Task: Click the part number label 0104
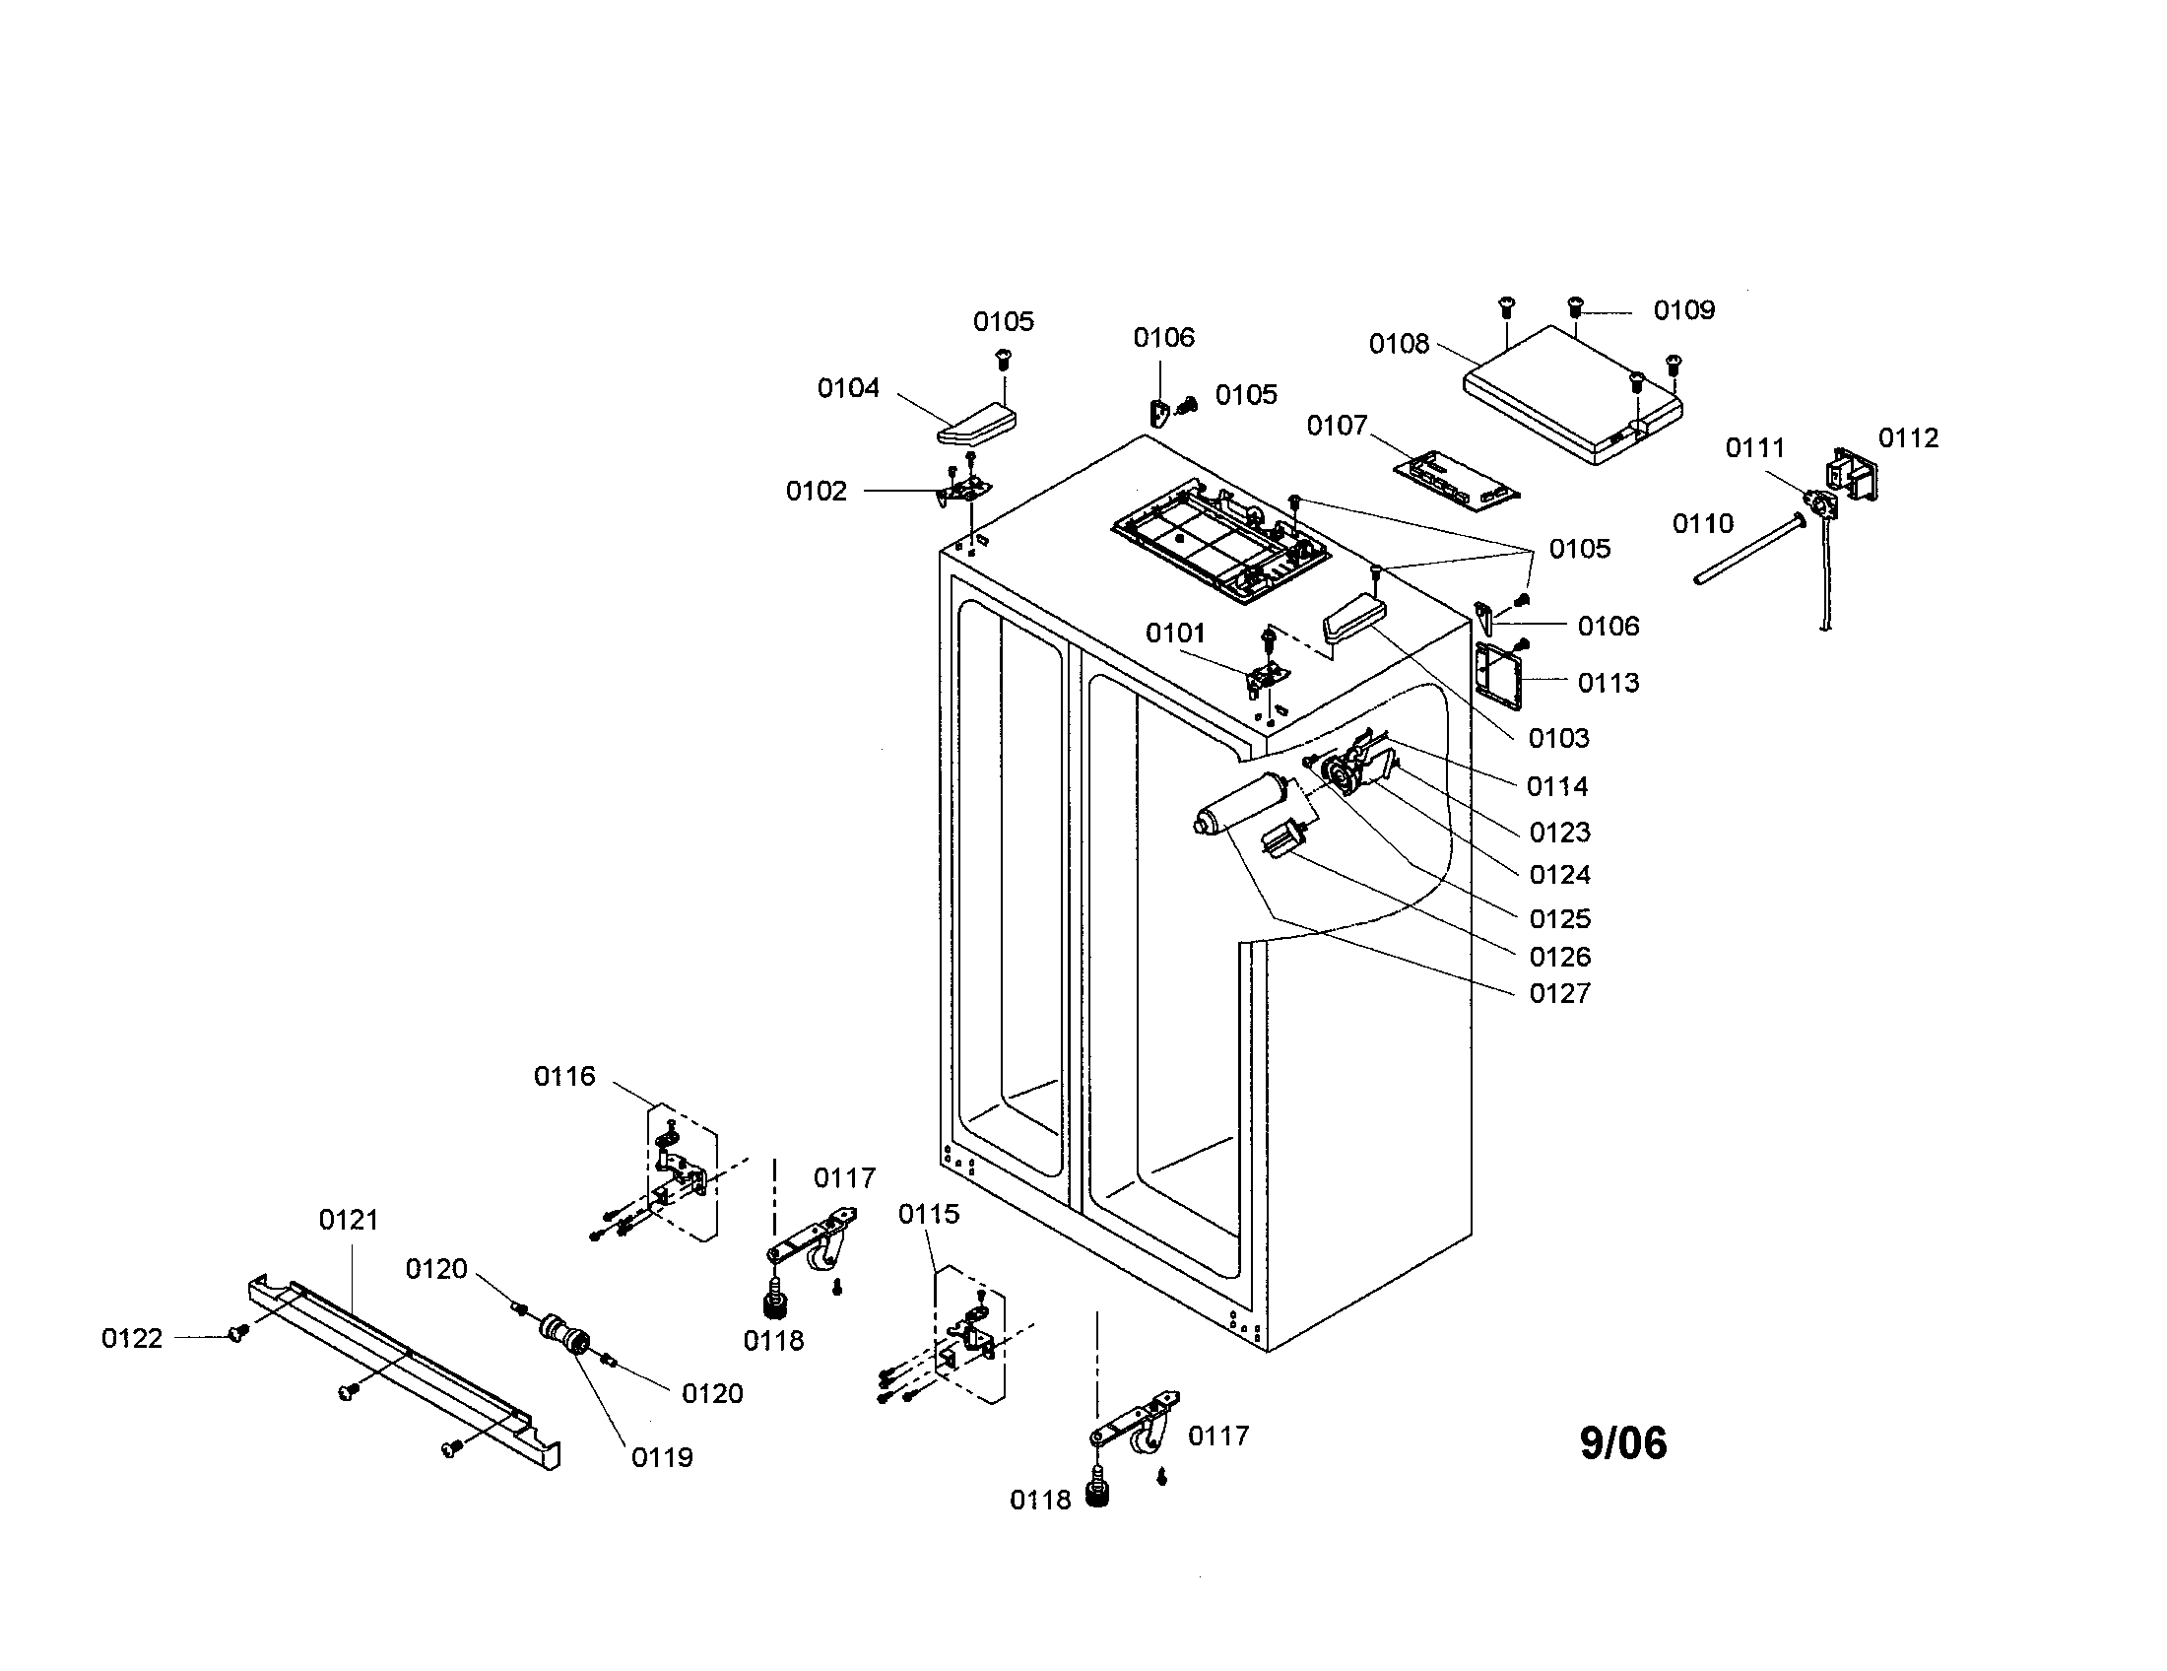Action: point(847,388)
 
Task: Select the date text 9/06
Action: point(1623,1442)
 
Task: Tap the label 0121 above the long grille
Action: point(349,1220)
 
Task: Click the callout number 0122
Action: point(132,1339)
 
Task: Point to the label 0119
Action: point(662,1457)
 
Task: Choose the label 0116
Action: point(564,1076)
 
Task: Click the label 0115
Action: point(929,1214)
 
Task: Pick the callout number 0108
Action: point(1399,343)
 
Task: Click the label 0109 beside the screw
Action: point(1683,310)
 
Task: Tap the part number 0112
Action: point(1908,437)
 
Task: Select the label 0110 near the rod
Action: point(1703,523)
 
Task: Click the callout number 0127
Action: point(1560,993)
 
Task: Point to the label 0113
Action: point(1609,683)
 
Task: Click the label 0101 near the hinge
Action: point(1175,634)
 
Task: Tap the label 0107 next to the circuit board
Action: point(1337,426)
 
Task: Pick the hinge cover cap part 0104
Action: point(977,424)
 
